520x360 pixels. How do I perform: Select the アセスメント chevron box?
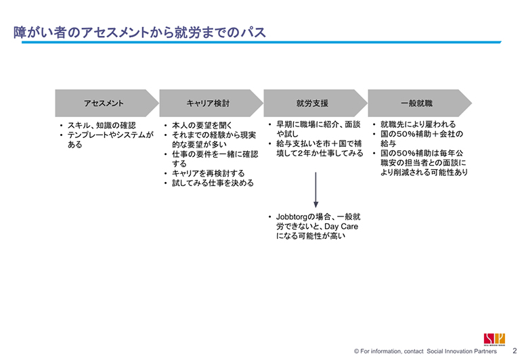click(x=104, y=104)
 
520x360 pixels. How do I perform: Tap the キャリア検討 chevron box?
click(x=208, y=104)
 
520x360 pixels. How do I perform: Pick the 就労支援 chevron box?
click(x=312, y=104)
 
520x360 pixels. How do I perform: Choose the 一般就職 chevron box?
click(x=416, y=104)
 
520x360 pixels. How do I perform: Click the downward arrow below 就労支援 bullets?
click(x=316, y=189)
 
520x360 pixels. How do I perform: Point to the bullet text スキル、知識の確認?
click(x=102, y=126)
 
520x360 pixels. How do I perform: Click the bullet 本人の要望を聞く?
click(x=202, y=126)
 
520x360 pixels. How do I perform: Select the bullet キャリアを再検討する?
click(x=209, y=173)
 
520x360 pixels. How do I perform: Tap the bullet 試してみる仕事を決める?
click(x=213, y=183)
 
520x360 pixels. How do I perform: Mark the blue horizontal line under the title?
click(x=257, y=43)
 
